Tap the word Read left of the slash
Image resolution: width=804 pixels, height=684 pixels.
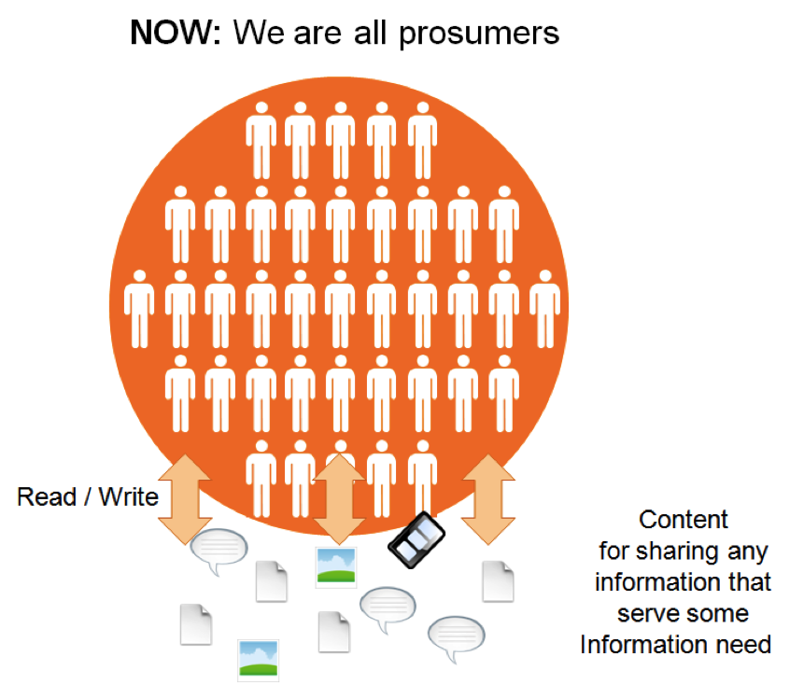click(47, 496)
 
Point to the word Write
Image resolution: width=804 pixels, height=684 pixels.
click(128, 496)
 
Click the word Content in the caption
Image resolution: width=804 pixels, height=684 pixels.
click(683, 520)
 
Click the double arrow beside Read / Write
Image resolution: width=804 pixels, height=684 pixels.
click(185, 499)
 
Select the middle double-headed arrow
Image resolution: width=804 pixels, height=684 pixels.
click(339, 499)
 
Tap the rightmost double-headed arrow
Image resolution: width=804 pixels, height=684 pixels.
click(488, 499)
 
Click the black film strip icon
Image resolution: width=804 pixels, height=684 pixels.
click(416, 539)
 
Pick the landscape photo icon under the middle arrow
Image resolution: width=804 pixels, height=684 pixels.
click(336, 566)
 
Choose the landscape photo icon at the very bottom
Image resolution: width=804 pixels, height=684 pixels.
click(259, 660)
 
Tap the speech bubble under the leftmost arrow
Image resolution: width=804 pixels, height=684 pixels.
click(219, 551)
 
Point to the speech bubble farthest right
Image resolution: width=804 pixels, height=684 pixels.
click(457, 637)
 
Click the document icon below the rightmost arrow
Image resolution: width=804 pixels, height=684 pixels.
click(498, 581)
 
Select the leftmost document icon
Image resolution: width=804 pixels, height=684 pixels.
click(196, 624)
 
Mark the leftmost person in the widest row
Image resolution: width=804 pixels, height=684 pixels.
click(139, 309)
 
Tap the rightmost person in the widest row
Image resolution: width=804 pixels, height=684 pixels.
click(544, 309)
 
